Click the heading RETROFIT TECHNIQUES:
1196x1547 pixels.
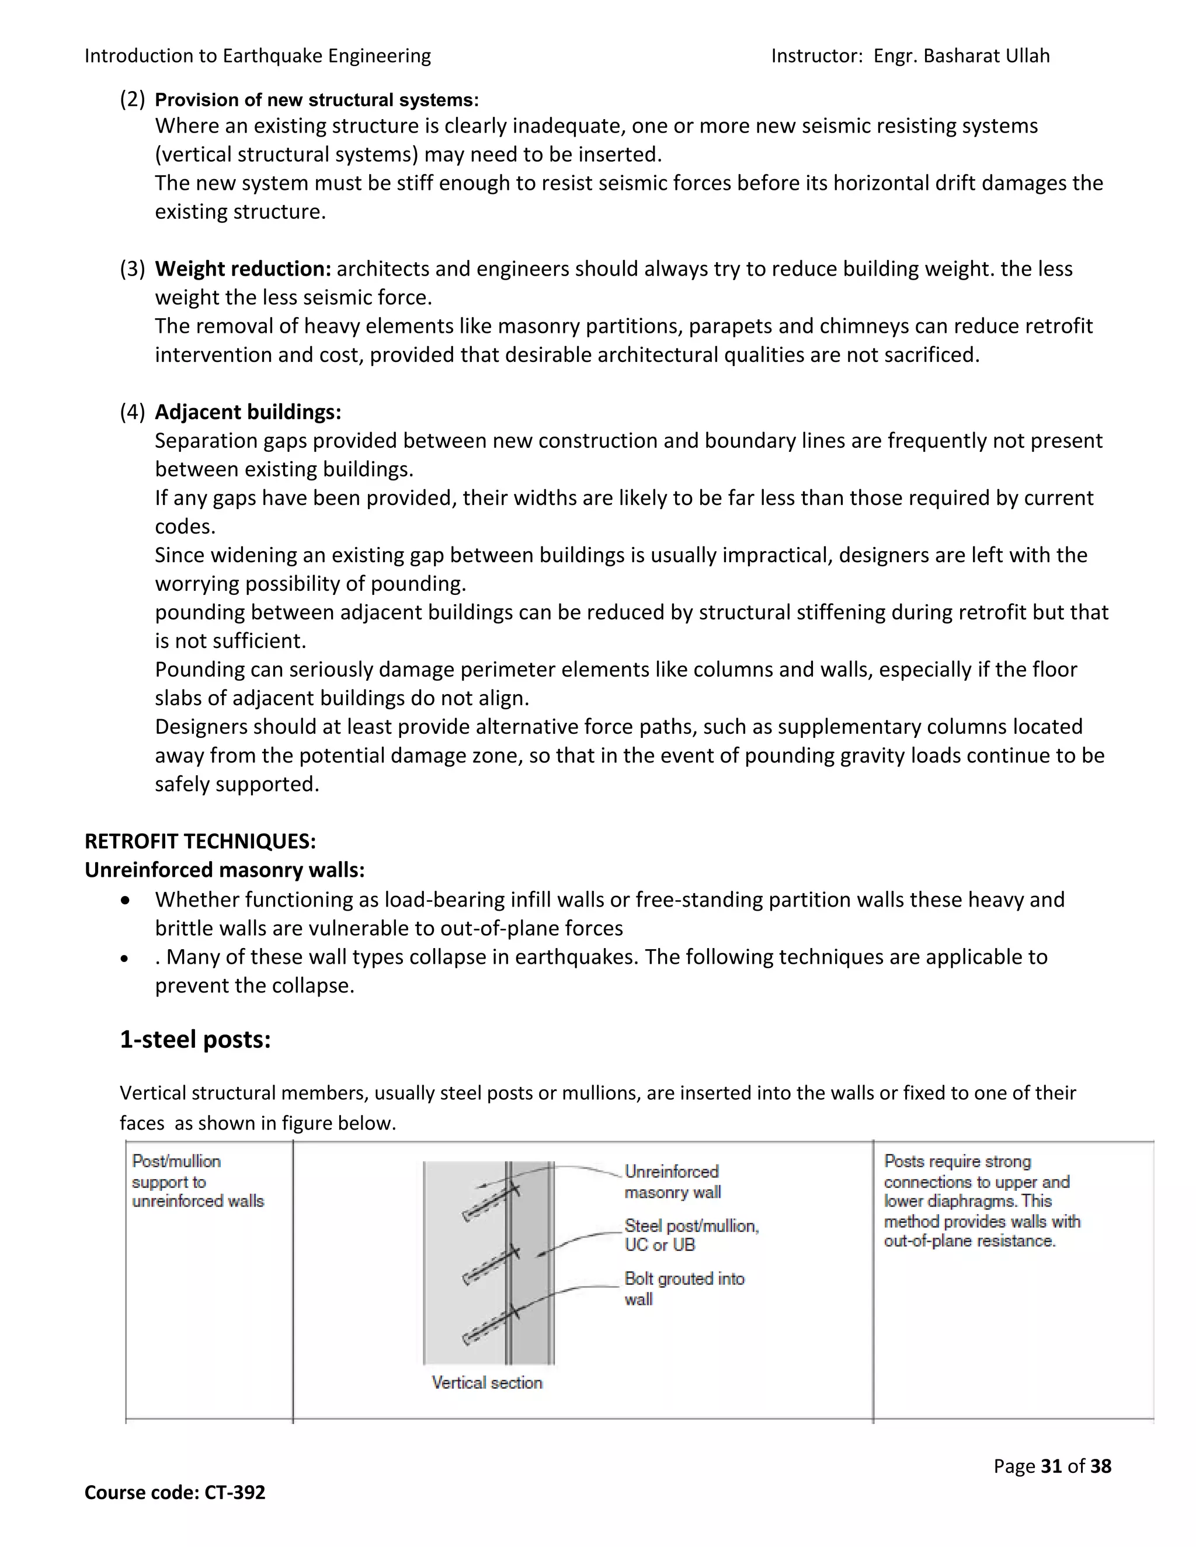coord(200,841)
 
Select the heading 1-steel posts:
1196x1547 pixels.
coord(195,1039)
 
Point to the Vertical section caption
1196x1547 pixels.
coord(487,1382)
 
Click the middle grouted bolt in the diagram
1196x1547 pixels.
coord(491,1264)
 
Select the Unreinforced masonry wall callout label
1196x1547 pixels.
coord(672,1182)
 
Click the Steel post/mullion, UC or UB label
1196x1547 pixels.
coord(691,1235)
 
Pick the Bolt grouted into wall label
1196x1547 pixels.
coord(684,1288)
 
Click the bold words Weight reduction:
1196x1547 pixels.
coord(243,269)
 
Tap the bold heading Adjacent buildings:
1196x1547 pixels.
coord(248,412)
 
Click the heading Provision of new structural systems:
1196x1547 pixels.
coord(317,100)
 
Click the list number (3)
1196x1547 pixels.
coord(133,269)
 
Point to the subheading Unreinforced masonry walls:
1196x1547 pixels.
coord(225,870)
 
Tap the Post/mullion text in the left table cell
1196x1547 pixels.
coord(176,1161)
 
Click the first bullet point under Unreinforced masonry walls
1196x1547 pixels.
coord(126,900)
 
